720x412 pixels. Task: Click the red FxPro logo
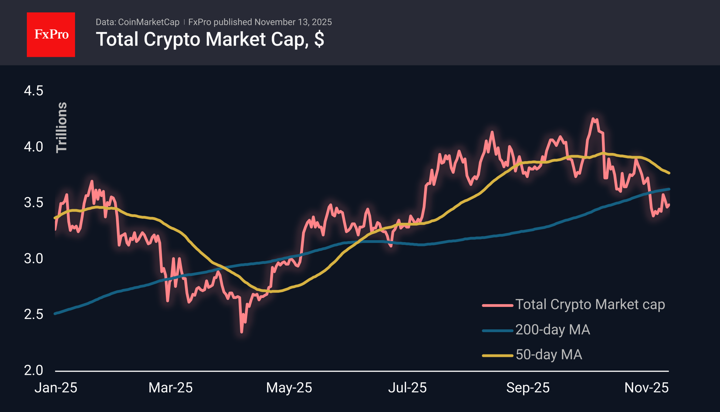pyautogui.click(x=51, y=34)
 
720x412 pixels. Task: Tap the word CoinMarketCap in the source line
pyautogui.click(x=148, y=22)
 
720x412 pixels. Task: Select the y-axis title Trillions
pyautogui.click(x=62, y=127)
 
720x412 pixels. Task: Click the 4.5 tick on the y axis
pyautogui.click(x=33, y=91)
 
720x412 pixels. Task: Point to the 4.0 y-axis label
pyautogui.click(x=33, y=147)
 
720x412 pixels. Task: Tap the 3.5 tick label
pyautogui.click(x=33, y=203)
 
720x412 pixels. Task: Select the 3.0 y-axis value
pyautogui.click(x=33, y=258)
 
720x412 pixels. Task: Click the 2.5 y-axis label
pyautogui.click(x=33, y=314)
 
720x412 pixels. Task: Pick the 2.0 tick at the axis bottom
pyautogui.click(x=33, y=370)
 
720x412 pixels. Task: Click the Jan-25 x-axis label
pyautogui.click(x=56, y=388)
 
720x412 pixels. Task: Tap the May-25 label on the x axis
pyautogui.click(x=289, y=388)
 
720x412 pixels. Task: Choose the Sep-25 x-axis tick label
pyautogui.click(x=528, y=388)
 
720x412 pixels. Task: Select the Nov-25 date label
pyautogui.click(x=646, y=388)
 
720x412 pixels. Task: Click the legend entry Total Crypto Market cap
pyautogui.click(x=590, y=305)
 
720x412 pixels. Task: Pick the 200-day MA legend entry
pyautogui.click(x=552, y=330)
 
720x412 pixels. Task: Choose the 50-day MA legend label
pyautogui.click(x=549, y=355)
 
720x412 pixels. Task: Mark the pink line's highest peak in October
pyautogui.click(x=593, y=119)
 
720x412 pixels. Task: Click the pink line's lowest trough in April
pyautogui.click(x=242, y=332)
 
